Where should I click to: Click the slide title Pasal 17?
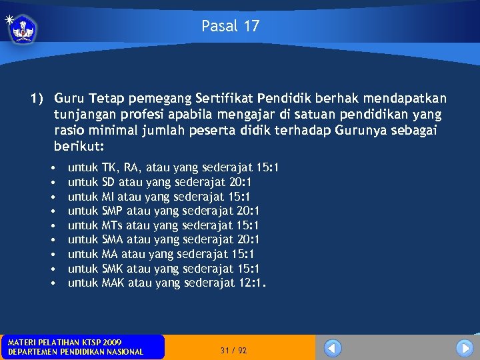(x=230, y=26)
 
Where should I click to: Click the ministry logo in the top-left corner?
(x=23, y=29)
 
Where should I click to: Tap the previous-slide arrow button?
(x=332, y=348)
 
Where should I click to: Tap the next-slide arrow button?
(x=464, y=348)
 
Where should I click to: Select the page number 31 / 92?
(x=233, y=350)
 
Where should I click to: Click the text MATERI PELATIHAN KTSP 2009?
(x=64, y=342)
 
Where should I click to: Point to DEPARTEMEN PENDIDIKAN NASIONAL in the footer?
(x=75, y=352)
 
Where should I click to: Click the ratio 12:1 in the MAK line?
(x=251, y=283)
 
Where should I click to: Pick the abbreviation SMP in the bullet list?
(x=112, y=211)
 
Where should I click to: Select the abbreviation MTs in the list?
(x=112, y=225)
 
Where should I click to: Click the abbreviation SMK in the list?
(x=112, y=269)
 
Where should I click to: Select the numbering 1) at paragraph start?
(x=37, y=98)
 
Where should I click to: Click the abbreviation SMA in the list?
(x=112, y=239)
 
